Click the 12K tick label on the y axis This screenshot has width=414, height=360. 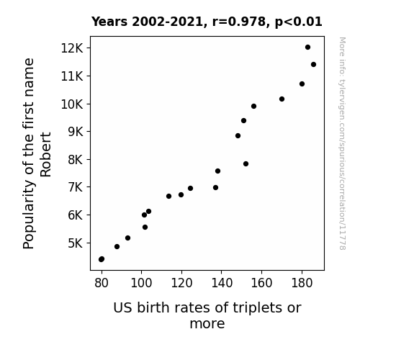click(x=72, y=48)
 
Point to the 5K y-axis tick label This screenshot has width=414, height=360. click(x=76, y=243)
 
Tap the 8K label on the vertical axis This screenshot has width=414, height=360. click(x=76, y=160)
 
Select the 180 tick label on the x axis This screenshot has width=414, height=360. click(x=302, y=283)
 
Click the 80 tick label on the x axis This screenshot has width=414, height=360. click(x=102, y=283)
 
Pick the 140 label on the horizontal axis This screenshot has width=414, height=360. click(x=222, y=283)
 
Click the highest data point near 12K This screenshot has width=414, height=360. click(x=307, y=48)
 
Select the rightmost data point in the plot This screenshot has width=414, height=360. click(x=313, y=65)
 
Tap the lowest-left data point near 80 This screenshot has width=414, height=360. click(x=102, y=259)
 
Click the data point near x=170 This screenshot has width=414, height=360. click(x=282, y=99)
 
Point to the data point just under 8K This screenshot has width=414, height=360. click(x=246, y=163)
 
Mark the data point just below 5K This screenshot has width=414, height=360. click(x=117, y=247)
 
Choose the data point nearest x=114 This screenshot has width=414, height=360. click(x=168, y=197)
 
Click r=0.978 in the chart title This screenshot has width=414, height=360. click(x=239, y=22)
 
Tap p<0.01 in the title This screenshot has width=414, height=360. click(x=299, y=22)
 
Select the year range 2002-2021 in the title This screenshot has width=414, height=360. click(x=167, y=22)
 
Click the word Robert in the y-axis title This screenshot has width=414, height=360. click(x=45, y=155)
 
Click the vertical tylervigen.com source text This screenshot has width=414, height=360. click(x=342, y=143)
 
